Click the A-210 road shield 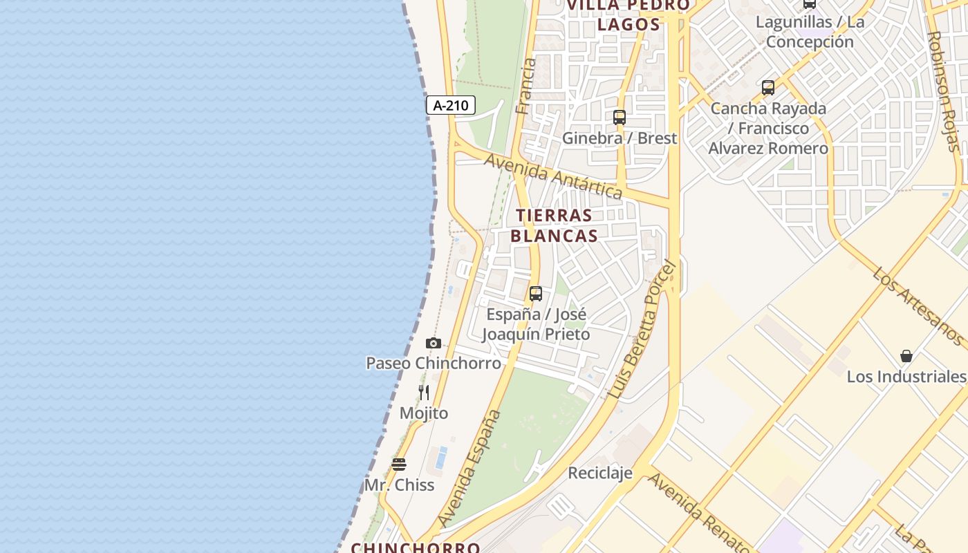point(451,106)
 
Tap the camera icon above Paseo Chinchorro point(434,343)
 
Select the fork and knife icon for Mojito point(424,393)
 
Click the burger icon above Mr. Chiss point(399,464)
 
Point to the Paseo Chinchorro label point(434,363)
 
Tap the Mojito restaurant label point(424,413)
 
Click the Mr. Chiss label point(399,485)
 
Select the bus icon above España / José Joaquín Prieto point(536,294)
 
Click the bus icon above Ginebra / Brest point(620,118)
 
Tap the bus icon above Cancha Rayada point(768,88)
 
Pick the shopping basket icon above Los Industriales point(906,356)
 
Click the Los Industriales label point(906,377)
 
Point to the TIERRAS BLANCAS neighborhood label point(554,225)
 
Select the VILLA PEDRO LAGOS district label point(629,15)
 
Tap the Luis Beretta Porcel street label point(640,330)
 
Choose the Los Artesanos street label point(918,306)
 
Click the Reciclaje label point(600,473)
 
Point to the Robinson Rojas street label point(944,90)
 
